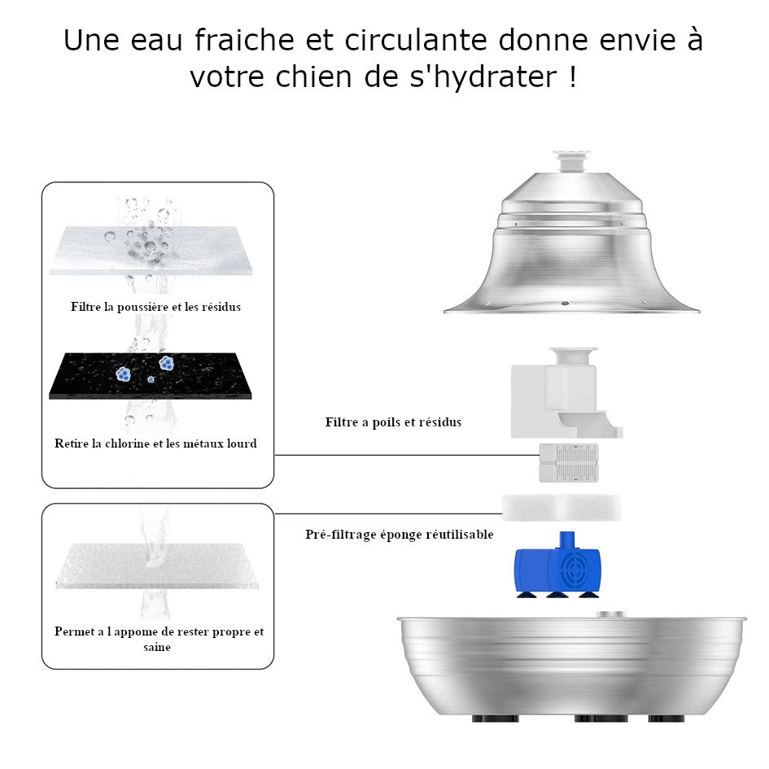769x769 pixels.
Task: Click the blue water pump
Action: pos(557,565)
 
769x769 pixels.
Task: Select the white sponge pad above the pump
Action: pos(561,507)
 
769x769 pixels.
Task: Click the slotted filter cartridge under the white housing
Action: pos(569,462)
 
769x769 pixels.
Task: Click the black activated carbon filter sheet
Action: pos(150,375)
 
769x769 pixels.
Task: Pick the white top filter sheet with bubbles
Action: pos(151,250)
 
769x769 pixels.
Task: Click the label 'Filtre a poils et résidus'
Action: pos(393,422)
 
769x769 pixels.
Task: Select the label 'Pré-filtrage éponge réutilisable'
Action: pos(400,534)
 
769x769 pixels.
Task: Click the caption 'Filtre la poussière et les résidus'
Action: pos(156,307)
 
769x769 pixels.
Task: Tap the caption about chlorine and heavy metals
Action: pos(155,443)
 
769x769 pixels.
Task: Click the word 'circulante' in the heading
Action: pos(416,40)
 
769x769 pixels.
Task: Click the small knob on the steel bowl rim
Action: pos(611,614)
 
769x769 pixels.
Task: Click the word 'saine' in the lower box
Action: pos(157,648)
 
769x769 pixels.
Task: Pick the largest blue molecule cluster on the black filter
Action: pos(168,363)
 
